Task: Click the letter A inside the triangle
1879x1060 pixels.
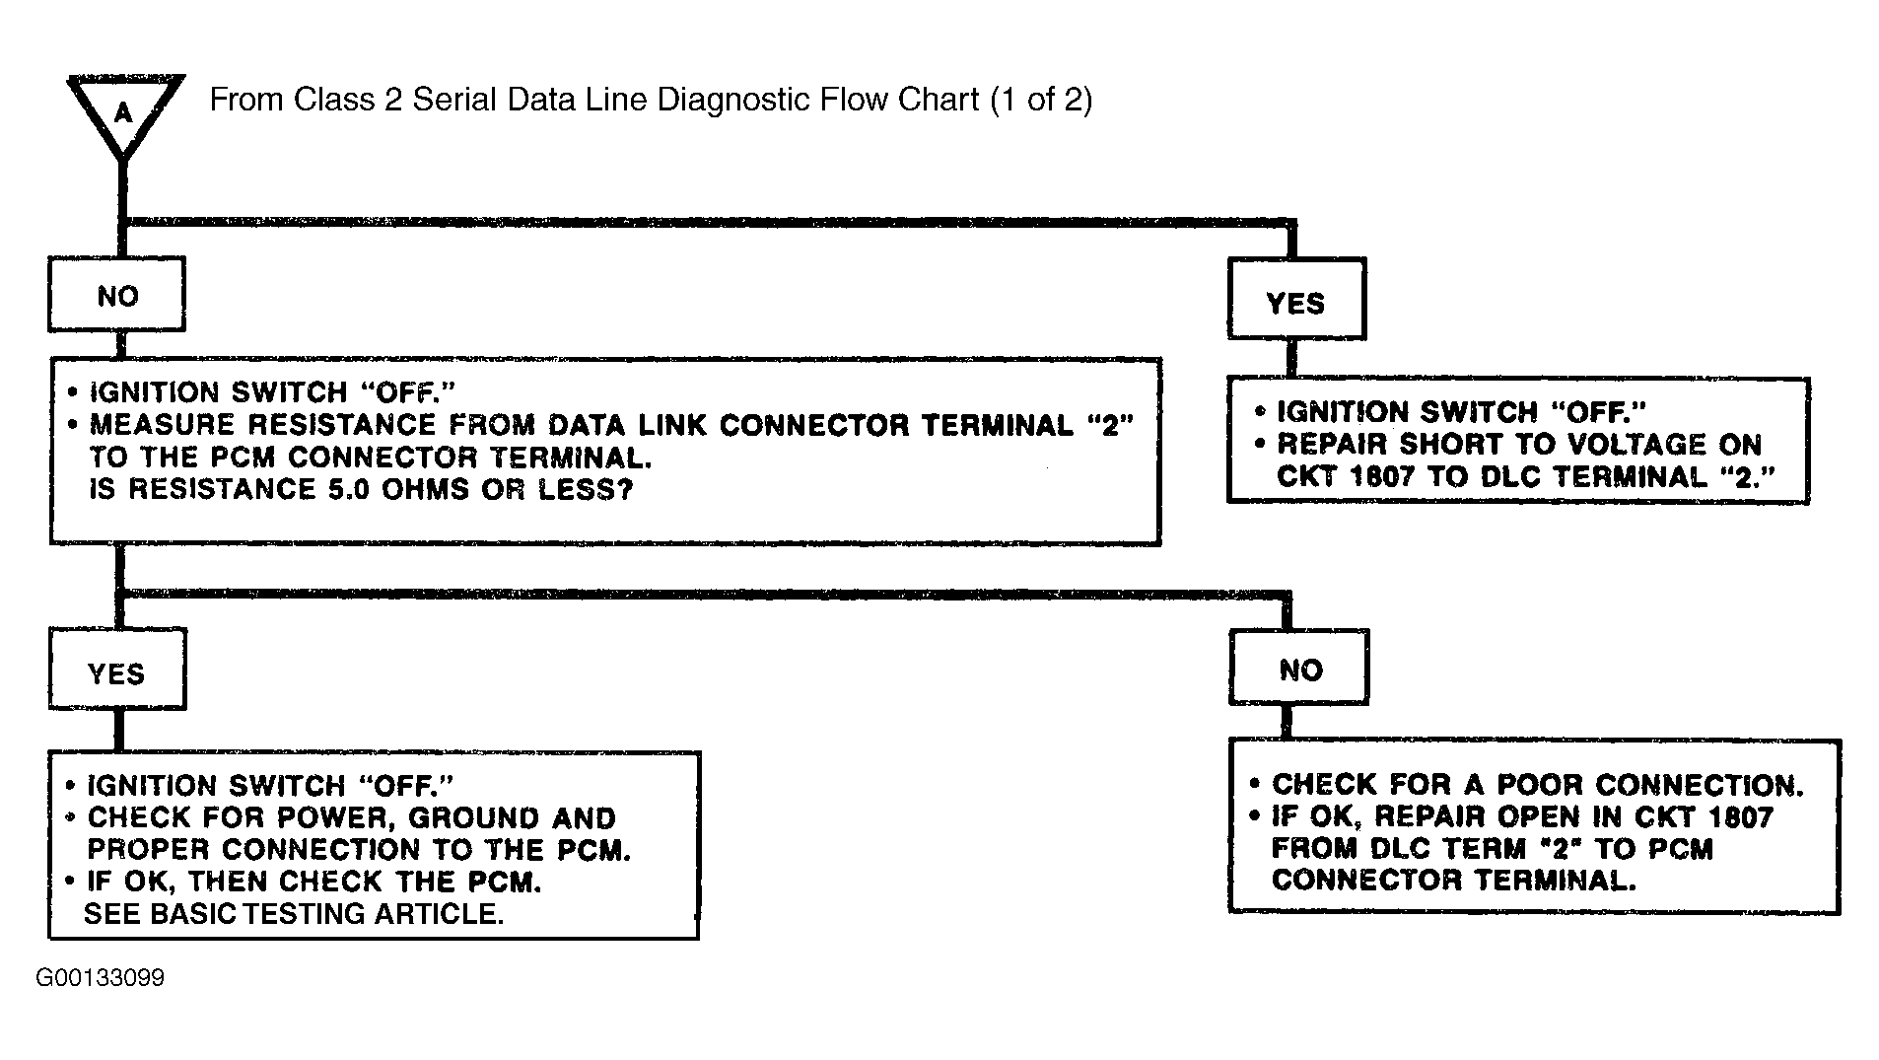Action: (x=122, y=113)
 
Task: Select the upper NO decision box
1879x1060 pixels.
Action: (x=117, y=295)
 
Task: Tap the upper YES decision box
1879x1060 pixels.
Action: (x=1296, y=299)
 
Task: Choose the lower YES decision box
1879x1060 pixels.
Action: (x=117, y=671)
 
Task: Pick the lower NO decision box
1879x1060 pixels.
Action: (x=1299, y=668)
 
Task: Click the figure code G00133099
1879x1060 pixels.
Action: (x=101, y=978)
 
